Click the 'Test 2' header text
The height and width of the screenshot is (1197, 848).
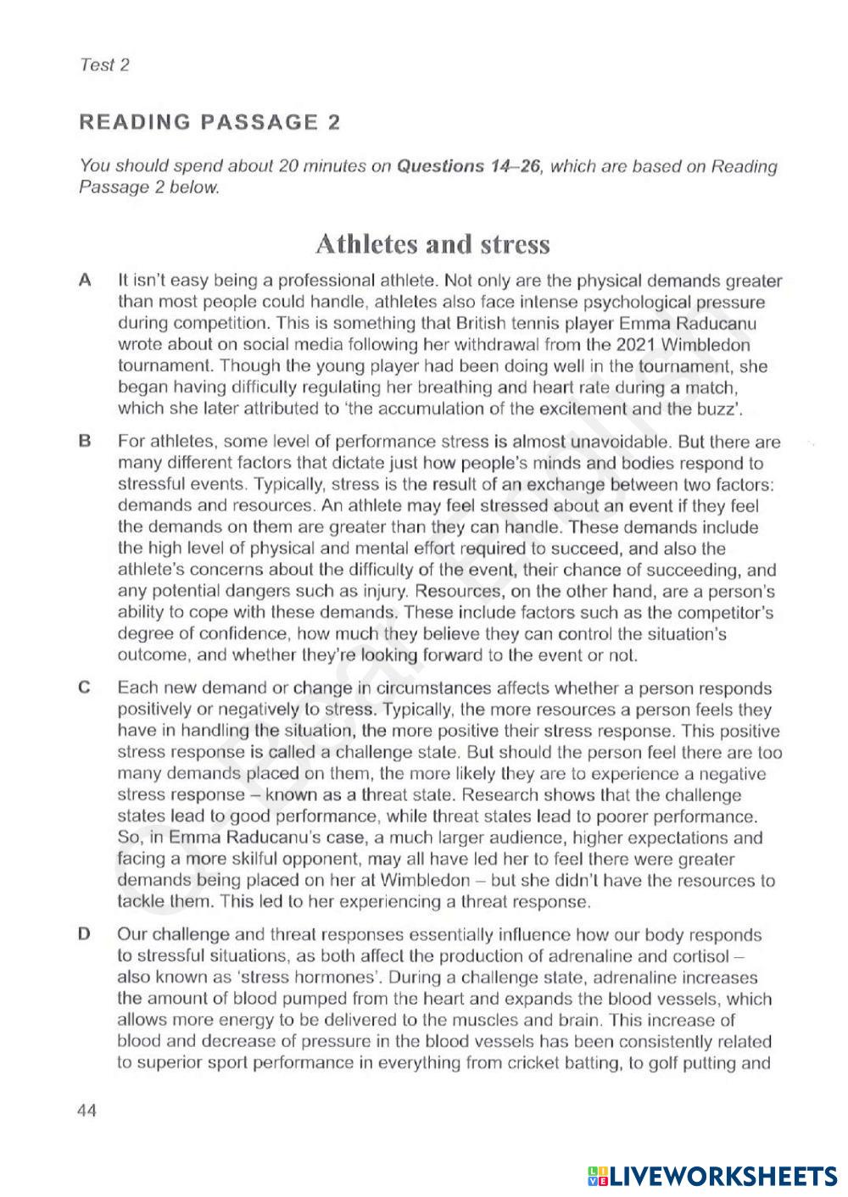click(x=103, y=65)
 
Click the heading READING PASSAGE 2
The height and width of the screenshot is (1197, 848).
click(x=209, y=122)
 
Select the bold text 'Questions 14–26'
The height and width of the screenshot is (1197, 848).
click(x=468, y=166)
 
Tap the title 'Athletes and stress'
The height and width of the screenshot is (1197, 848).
click(x=432, y=244)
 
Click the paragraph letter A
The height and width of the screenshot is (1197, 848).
click(x=84, y=281)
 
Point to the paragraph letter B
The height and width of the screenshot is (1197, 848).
click(x=84, y=442)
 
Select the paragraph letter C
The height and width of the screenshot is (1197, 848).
click(x=84, y=688)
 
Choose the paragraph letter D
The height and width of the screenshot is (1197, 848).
click(x=84, y=935)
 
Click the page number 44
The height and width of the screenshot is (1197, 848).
click(x=86, y=1111)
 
